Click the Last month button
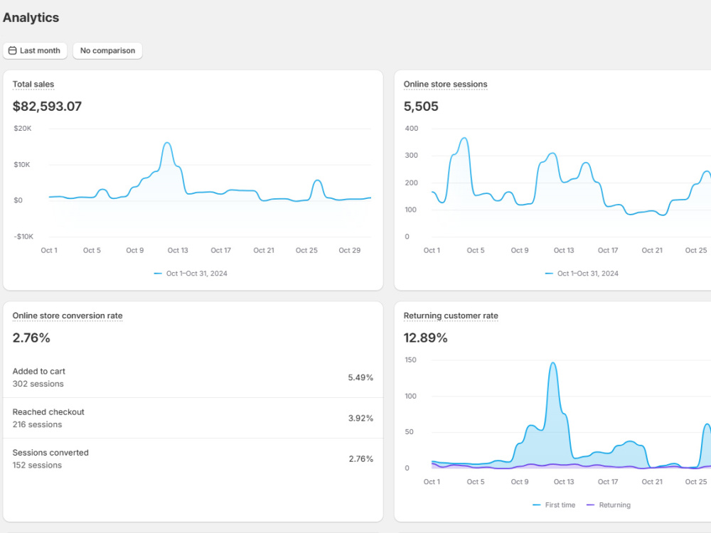[x=35, y=50]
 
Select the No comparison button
[x=107, y=50]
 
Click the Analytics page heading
[x=31, y=18]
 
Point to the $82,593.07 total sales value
[x=47, y=107]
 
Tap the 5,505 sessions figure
[x=421, y=107]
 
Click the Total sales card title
[x=33, y=85]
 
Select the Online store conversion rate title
[x=68, y=316]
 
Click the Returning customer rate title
[x=451, y=316]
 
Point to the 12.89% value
[x=425, y=338]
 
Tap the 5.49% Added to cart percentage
[x=360, y=377]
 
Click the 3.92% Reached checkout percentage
[x=360, y=419]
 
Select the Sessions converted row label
[x=50, y=453]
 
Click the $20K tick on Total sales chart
[x=23, y=129]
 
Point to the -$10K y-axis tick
[x=23, y=237]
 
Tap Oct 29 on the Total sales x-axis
[x=350, y=251]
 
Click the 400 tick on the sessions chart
[x=411, y=129]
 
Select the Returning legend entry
[x=609, y=505]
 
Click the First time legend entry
[x=554, y=505]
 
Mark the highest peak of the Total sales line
[x=167, y=143]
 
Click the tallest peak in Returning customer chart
[x=553, y=362]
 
